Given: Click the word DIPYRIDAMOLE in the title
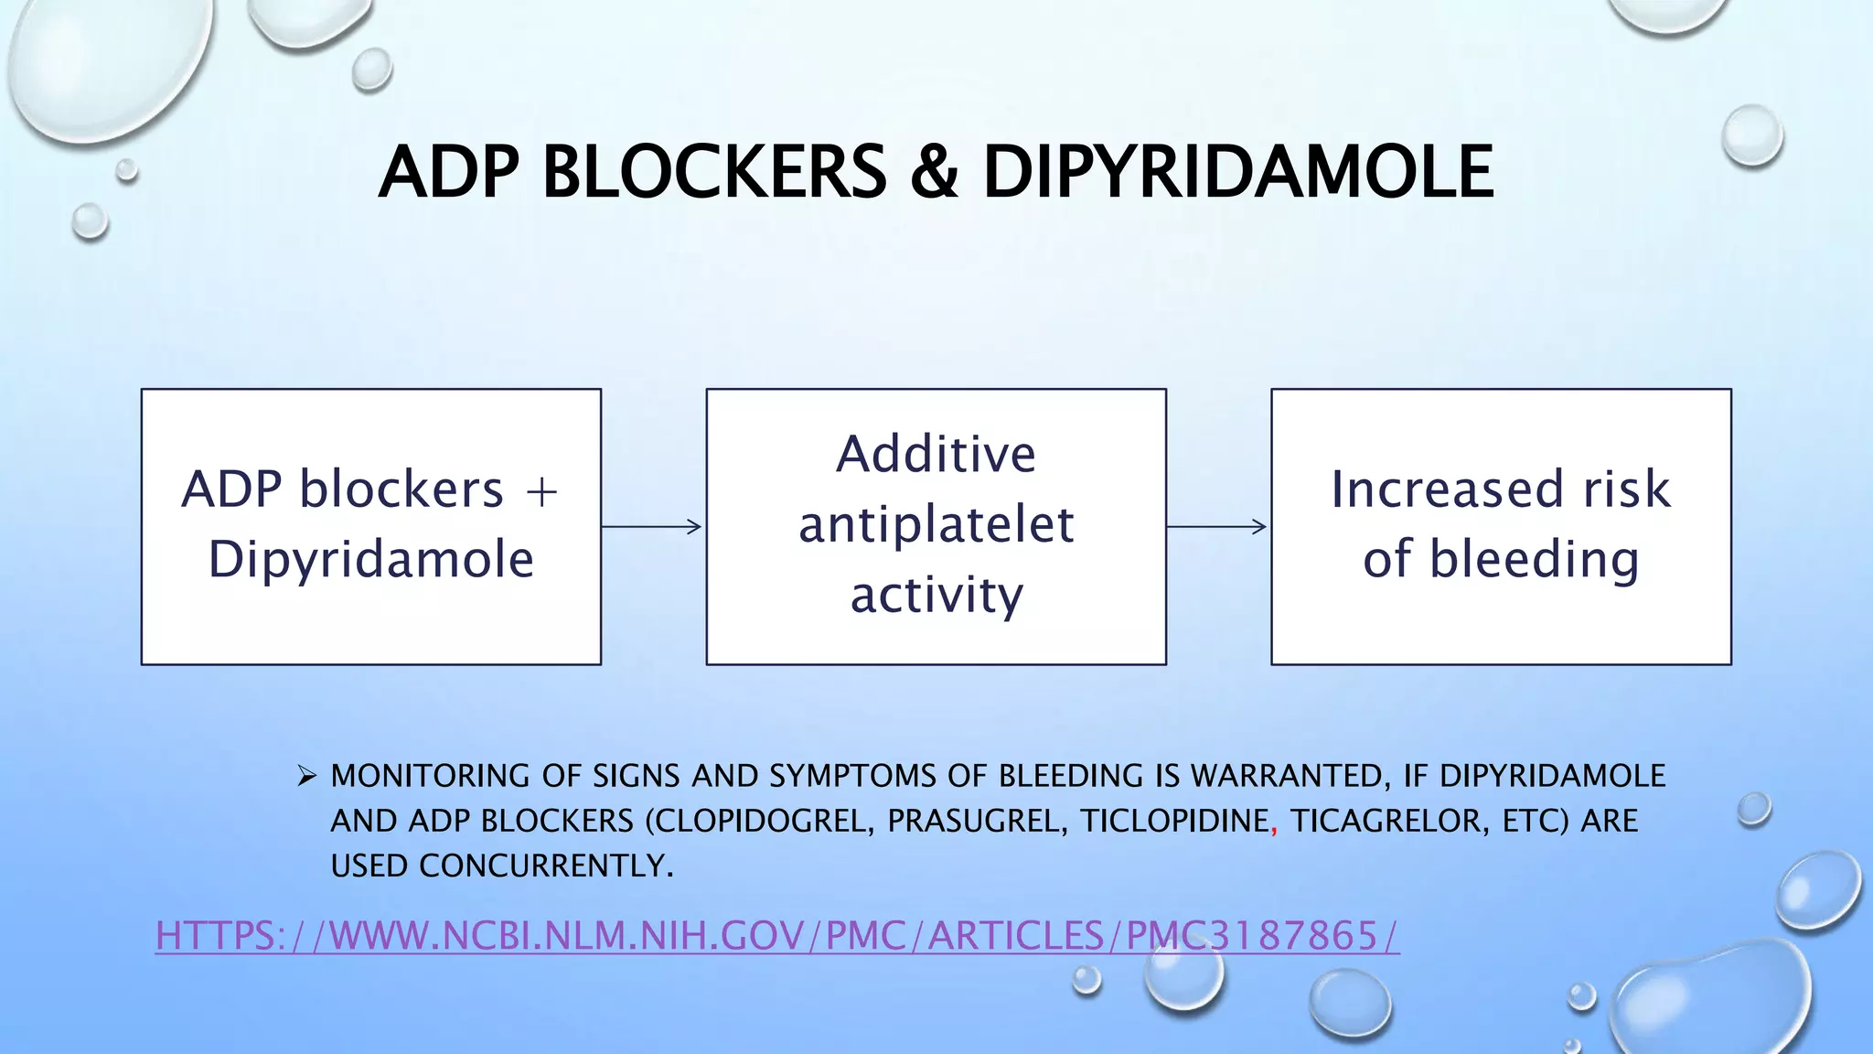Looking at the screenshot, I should point(1237,172).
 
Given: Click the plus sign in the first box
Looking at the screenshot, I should point(541,492).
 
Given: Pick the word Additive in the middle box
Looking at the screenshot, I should point(936,454).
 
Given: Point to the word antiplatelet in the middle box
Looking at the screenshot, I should point(936,525).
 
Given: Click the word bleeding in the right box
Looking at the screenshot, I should point(1534,559).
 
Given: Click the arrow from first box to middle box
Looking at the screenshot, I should point(652,526).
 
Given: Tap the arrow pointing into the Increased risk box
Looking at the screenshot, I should point(1217,526).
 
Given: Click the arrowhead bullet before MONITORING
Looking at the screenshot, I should point(306,777).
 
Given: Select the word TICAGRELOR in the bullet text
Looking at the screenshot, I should point(1391,821).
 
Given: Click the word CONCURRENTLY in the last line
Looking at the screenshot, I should point(546,866).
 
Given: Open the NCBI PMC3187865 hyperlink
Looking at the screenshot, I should point(777,936).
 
